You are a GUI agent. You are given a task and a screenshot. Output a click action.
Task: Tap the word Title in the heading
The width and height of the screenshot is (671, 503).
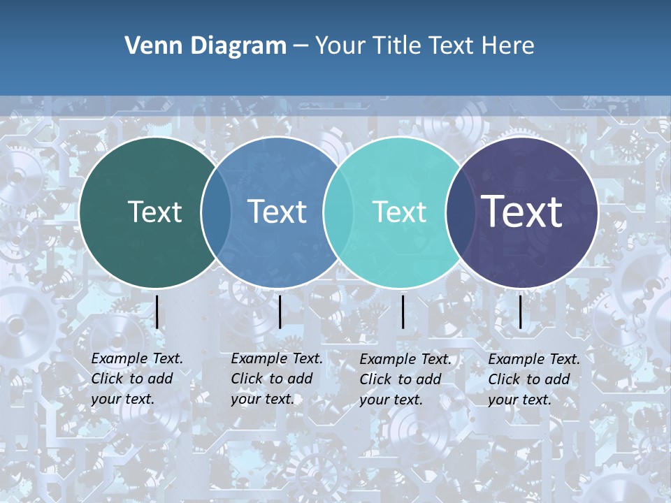(x=397, y=46)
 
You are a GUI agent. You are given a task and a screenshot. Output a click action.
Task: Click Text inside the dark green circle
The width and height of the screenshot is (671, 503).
(x=154, y=212)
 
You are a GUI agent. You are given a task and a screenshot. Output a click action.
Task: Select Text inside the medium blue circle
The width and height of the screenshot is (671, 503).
(x=277, y=212)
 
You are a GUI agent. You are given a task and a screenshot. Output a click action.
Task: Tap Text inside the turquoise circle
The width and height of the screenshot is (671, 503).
(x=399, y=212)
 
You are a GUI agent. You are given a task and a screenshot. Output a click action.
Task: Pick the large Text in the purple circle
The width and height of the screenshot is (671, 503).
(x=522, y=211)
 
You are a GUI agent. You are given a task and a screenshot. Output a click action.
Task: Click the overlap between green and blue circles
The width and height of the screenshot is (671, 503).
(x=216, y=212)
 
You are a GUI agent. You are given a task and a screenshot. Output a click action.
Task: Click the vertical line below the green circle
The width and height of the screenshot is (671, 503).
(x=157, y=312)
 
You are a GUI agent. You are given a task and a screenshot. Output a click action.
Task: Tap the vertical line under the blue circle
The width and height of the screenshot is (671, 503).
(x=280, y=312)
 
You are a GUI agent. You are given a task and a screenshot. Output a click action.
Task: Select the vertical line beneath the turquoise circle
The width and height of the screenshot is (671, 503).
(x=403, y=312)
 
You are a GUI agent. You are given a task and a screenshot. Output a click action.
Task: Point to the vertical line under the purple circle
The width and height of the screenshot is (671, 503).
(x=521, y=312)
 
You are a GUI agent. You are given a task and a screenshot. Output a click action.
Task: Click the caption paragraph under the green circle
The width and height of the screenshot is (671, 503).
(x=137, y=379)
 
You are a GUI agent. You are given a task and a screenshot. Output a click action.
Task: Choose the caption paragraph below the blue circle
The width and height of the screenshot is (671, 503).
(x=277, y=379)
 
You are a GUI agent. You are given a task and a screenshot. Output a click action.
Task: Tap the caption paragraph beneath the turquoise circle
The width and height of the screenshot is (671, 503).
(x=405, y=379)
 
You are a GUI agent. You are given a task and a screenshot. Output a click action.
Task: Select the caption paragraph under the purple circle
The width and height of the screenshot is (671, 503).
(x=534, y=379)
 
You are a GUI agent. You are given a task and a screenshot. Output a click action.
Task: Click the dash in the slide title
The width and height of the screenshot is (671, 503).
(x=301, y=46)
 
